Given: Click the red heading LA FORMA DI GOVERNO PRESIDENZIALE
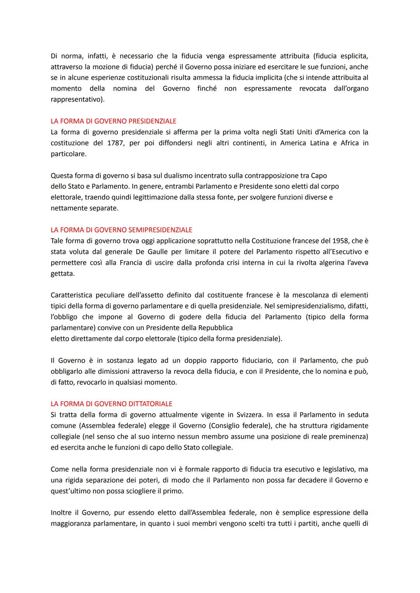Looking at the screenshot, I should click(x=113, y=121).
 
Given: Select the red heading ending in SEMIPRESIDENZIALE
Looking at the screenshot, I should click(x=121, y=230).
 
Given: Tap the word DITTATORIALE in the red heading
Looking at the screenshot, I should click(x=150, y=404).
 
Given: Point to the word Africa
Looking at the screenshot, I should click(x=350, y=143).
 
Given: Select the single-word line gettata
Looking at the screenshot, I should click(x=62, y=273).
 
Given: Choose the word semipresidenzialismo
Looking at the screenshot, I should click(x=303, y=306).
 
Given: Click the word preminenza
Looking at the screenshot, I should click(x=347, y=436).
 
